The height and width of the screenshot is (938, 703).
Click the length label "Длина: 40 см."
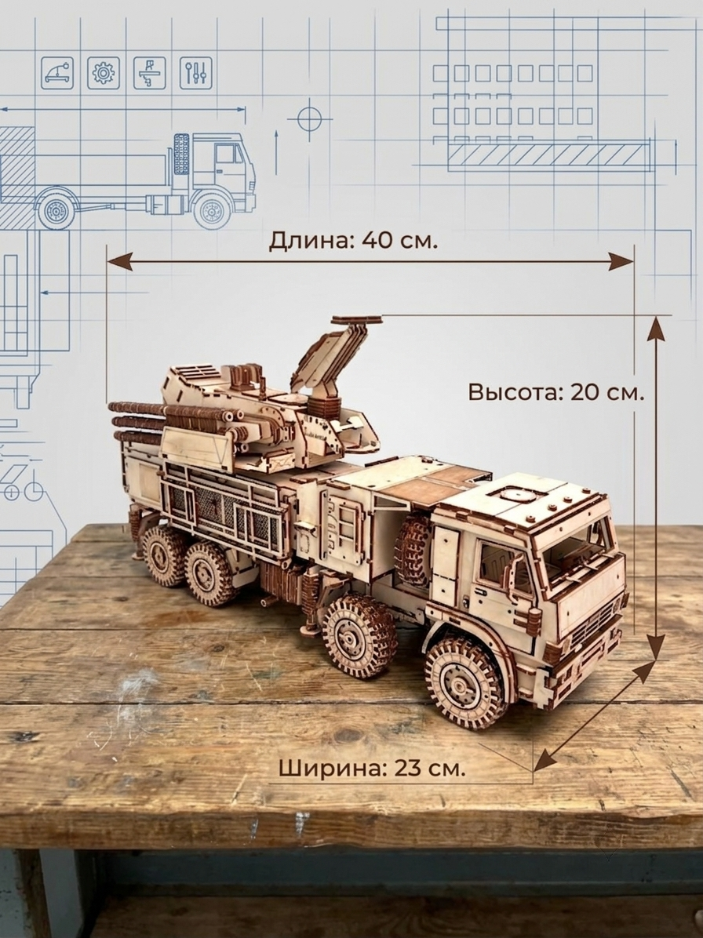pyautogui.click(x=354, y=241)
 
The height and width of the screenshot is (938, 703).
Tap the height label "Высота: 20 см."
pyautogui.click(x=555, y=392)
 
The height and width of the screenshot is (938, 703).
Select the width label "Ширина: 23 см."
pyautogui.click(x=372, y=767)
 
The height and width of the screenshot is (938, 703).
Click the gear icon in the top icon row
pyautogui.click(x=104, y=73)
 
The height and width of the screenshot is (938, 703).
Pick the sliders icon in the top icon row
pyautogui.click(x=195, y=73)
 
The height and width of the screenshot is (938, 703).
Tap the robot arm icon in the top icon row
pyautogui.click(x=57, y=73)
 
